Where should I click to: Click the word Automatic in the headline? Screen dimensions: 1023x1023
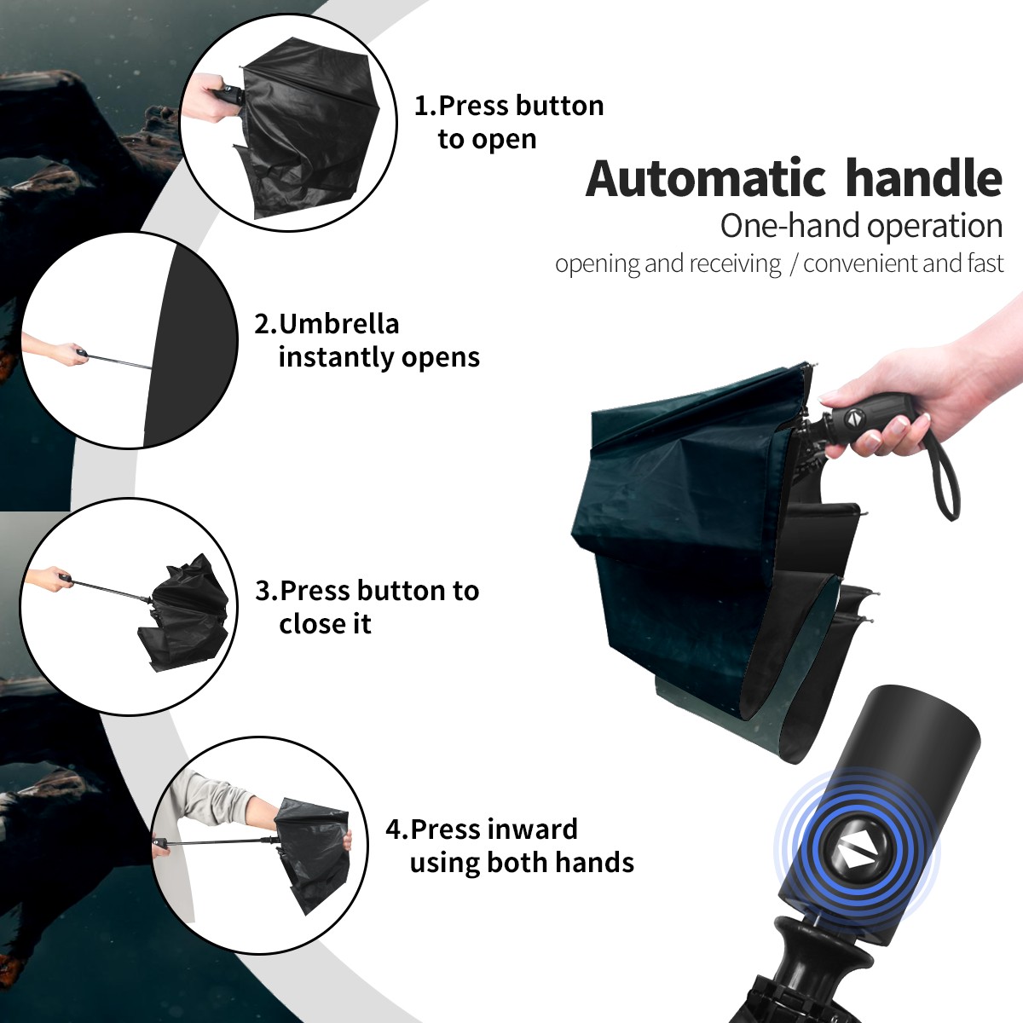[x=706, y=178]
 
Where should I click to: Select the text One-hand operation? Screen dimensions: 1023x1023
[x=861, y=227]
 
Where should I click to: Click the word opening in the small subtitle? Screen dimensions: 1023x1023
[x=598, y=263]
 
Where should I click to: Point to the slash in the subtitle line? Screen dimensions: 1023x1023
[x=793, y=263]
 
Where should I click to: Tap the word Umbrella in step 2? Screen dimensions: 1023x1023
[x=338, y=324]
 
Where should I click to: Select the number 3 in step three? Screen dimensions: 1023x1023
[x=263, y=591]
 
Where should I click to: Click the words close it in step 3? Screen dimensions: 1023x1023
[x=325, y=623]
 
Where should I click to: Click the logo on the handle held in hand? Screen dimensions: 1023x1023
[x=853, y=419]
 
